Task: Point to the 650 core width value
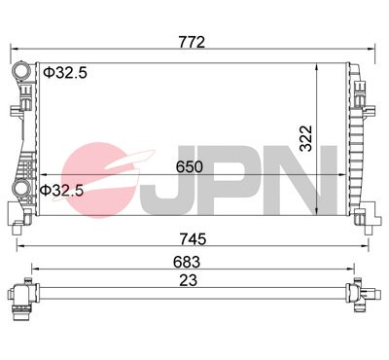[190, 166]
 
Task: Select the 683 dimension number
[192, 261]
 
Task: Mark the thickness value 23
[192, 280]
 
